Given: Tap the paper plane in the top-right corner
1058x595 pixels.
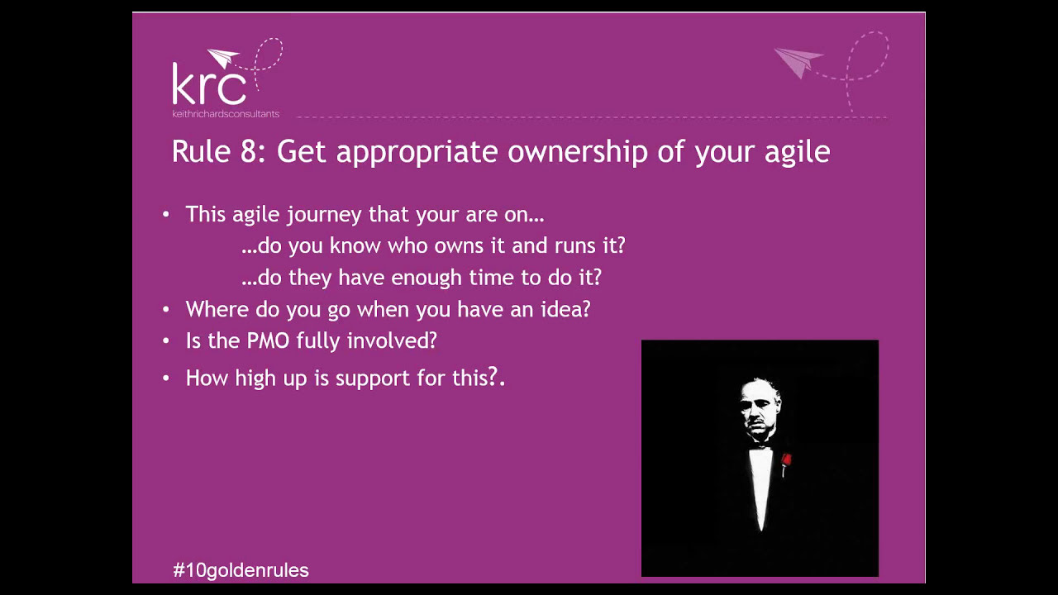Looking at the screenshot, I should click(x=797, y=62).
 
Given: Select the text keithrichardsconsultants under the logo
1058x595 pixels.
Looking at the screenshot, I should click(x=226, y=113).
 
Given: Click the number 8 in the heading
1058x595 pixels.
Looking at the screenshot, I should click(x=248, y=152).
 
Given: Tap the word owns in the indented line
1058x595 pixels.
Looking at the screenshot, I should click(x=479, y=245).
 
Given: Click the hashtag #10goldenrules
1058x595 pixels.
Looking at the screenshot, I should click(x=241, y=570).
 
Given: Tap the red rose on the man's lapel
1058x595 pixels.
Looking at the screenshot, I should click(x=785, y=460).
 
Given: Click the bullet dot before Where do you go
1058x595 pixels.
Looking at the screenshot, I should click(x=166, y=309).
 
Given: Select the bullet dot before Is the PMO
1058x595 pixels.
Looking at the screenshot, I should click(x=166, y=340).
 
